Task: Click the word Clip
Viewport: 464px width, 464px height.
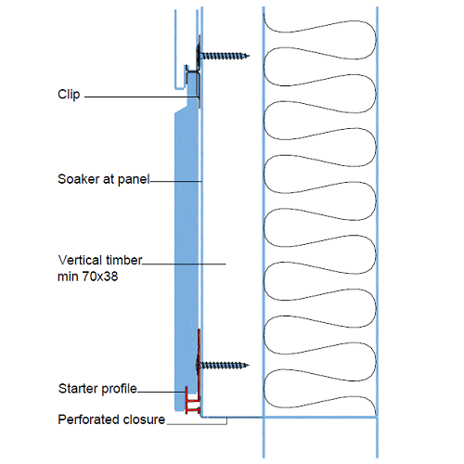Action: [x=70, y=95]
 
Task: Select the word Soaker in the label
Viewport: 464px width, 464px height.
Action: [x=78, y=178]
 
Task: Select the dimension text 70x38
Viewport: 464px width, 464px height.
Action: [x=99, y=276]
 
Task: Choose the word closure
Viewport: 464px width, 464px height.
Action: [x=142, y=419]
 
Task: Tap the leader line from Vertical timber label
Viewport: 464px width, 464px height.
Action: [x=186, y=264]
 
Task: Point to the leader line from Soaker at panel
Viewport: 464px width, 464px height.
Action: [x=176, y=179]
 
